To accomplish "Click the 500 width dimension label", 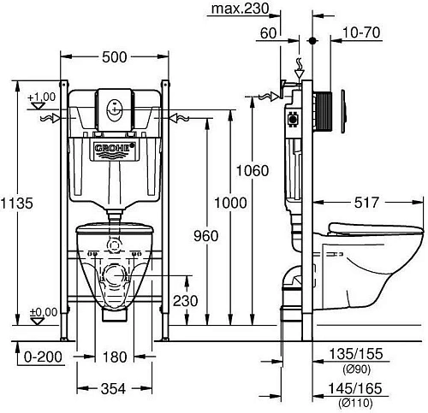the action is [x=114, y=57].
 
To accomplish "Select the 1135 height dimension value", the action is [x=17, y=204].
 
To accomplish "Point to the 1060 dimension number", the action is [x=253, y=171].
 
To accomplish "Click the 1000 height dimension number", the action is [x=230, y=203].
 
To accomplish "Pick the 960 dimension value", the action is [x=206, y=236].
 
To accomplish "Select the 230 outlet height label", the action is [x=185, y=301].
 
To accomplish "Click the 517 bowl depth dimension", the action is [x=366, y=203].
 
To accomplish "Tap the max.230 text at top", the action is [x=240, y=9].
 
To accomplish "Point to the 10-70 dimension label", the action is [x=361, y=32].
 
